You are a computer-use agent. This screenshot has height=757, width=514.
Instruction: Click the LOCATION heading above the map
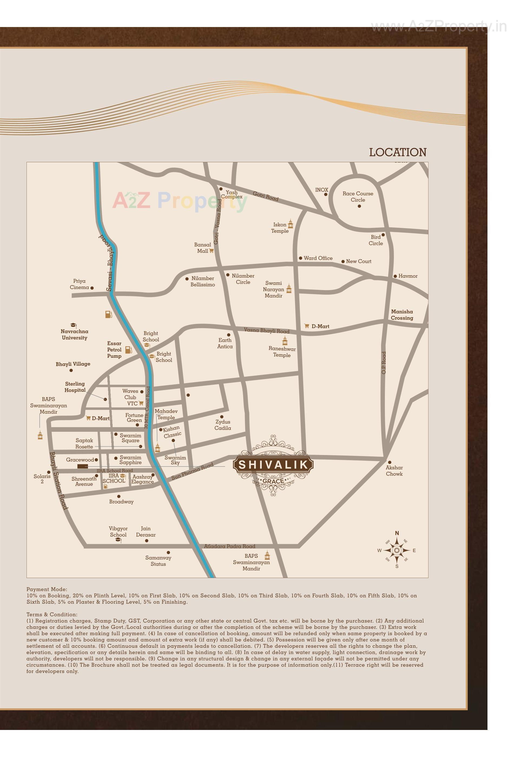[x=397, y=152]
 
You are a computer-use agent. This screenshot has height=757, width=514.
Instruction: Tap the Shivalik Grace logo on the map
[x=273, y=465]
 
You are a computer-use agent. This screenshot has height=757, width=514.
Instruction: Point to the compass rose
[x=397, y=550]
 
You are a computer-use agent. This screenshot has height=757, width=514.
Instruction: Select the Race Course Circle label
[x=358, y=197]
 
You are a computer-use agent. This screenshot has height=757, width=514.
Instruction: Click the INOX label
[x=321, y=190]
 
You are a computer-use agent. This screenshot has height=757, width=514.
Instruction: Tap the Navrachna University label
[x=74, y=334]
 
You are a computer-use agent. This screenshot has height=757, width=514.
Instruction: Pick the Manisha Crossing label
[x=402, y=315]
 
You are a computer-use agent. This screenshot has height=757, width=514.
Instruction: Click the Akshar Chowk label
[x=394, y=471]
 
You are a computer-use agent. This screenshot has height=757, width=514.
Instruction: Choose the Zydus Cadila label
[x=223, y=425]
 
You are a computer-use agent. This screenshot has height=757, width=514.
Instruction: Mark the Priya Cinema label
[x=79, y=284]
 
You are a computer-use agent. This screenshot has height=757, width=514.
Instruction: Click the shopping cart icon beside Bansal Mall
[x=211, y=251]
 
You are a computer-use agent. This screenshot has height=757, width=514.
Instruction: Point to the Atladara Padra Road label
[x=230, y=546]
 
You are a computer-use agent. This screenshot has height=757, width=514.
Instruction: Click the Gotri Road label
[x=266, y=196]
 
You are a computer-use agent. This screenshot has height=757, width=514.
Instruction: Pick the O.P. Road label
[x=384, y=363]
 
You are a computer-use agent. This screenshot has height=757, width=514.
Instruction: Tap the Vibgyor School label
[x=118, y=532]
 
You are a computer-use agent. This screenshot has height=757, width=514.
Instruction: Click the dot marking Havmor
[x=395, y=276]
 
